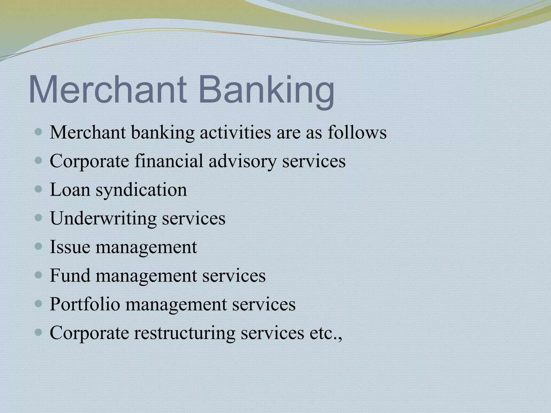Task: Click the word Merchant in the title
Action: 108,89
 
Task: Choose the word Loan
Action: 70,190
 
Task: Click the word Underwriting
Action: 103,218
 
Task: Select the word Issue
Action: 70,247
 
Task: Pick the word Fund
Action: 70,275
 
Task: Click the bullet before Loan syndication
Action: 39,189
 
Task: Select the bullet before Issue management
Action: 39,246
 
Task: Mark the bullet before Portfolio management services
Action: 39,304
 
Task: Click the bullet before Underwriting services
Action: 39,218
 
